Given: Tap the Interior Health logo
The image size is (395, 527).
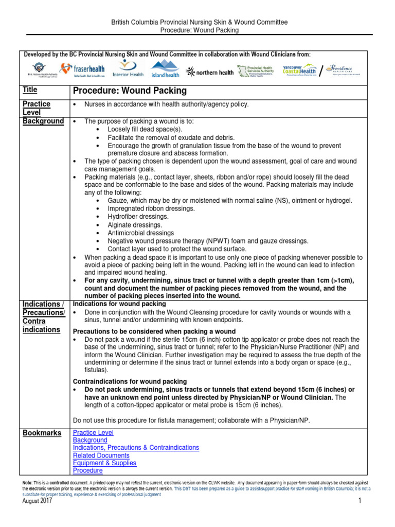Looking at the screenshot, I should [x=128, y=68].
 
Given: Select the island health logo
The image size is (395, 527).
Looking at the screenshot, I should [x=165, y=69].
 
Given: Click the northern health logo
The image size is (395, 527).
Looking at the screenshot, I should [x=210, y=72].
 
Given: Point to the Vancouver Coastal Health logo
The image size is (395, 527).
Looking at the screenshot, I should [x=300, y=70].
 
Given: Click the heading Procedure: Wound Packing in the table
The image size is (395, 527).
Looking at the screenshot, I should [x=130, y=91].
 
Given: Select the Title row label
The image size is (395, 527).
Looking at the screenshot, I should [x=30, y=90].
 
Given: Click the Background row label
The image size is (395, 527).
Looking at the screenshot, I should [x=43, y=121].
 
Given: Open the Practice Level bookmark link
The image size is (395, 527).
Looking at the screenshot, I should [x=93, y=433].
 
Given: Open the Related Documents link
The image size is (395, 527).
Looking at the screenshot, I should [x=101, y=455].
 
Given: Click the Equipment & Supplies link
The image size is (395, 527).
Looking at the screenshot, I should [x=104, y=463].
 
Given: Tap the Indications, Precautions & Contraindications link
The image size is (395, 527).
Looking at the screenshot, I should [x=136, y=448].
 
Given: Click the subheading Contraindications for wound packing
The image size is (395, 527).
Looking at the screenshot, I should [x=130, y=381].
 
